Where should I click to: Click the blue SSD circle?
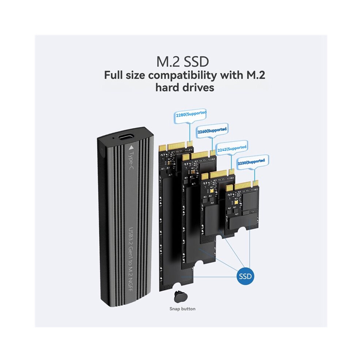tap(245, 276)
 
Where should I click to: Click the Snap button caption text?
tap(182, 309)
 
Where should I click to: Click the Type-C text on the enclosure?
tap(132, 161)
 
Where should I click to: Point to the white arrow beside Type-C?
tap(131, 147)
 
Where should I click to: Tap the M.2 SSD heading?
tap(182, 62)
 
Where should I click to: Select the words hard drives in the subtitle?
tap(185, 88)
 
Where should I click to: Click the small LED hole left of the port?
tap(113, 138)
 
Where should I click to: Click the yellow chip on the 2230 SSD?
tap(236, 203)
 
